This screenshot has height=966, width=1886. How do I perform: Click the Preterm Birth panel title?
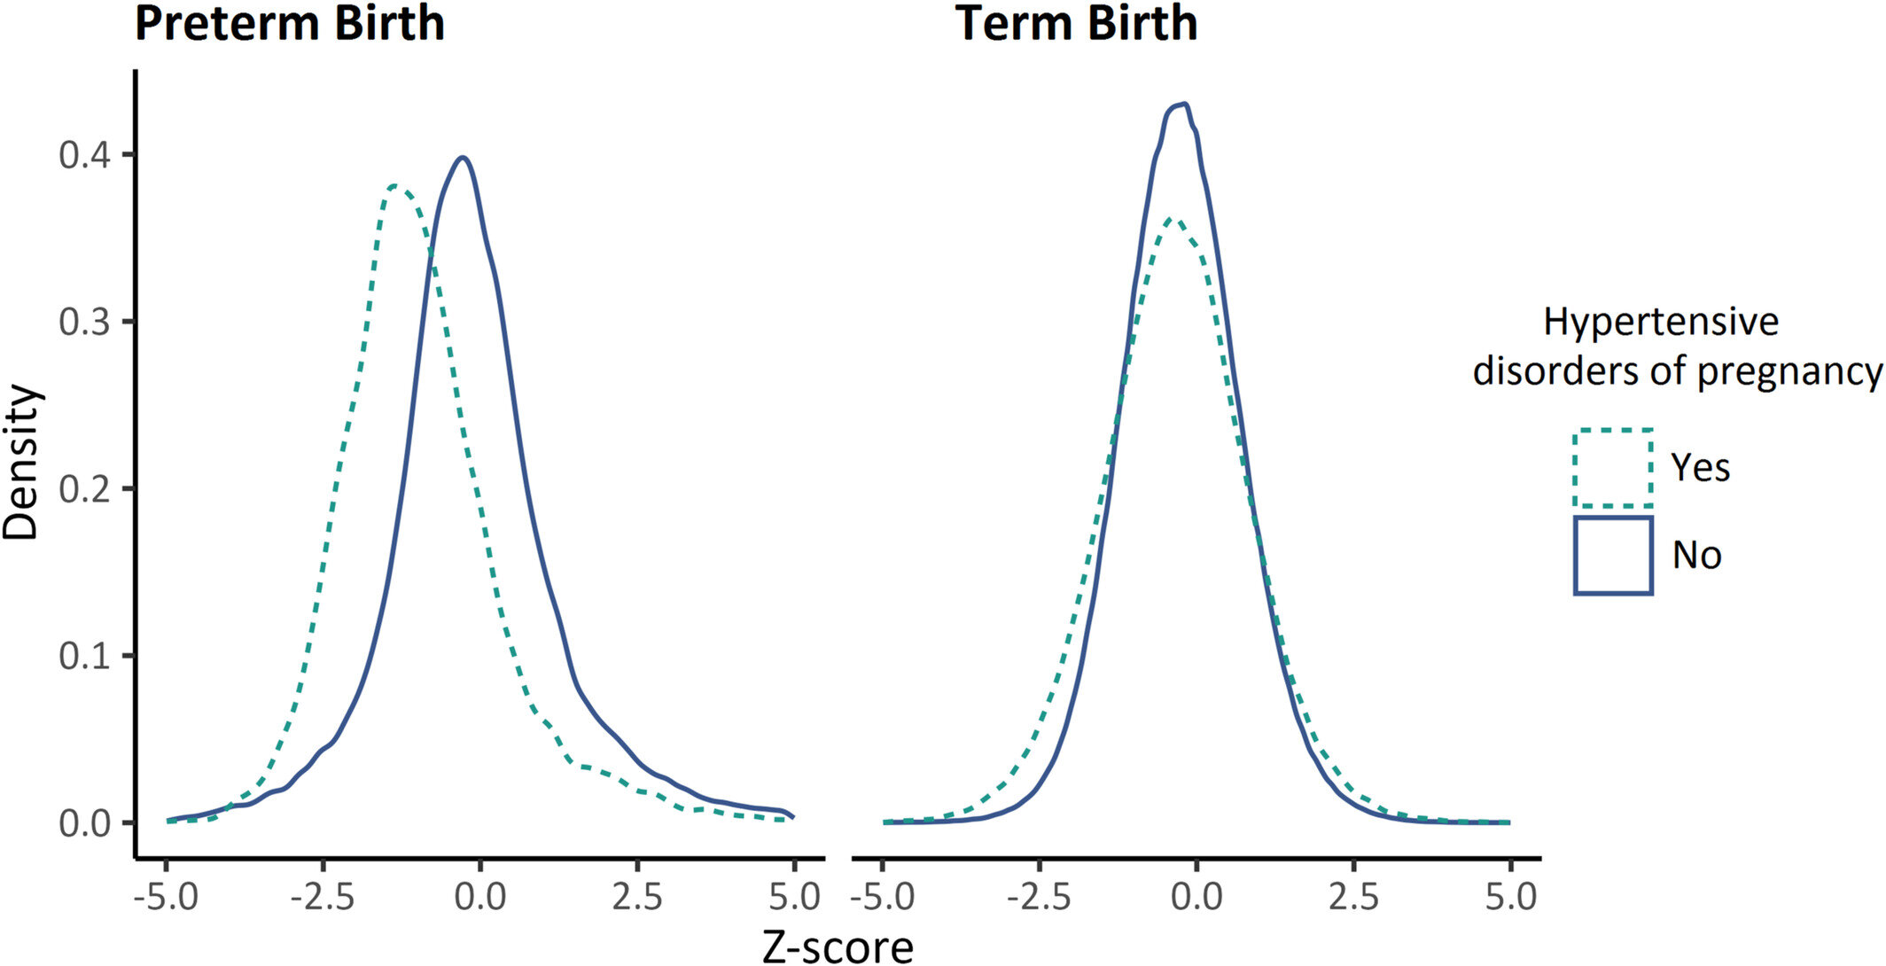289,23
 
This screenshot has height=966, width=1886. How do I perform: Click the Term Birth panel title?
1076,23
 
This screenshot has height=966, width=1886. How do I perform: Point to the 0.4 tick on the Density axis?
84,155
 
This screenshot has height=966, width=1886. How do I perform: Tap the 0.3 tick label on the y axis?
84,322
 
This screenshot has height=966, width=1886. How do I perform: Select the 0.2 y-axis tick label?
84,489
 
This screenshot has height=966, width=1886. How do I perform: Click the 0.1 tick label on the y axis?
84,656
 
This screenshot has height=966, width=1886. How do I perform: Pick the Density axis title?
21,462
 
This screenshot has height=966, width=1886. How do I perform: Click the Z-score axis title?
838,947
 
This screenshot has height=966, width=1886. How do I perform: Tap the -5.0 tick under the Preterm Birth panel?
166,897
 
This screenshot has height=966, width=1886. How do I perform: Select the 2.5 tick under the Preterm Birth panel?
636,897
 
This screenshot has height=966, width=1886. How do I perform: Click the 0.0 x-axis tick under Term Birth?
1196,897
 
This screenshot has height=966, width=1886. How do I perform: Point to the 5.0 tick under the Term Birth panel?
1510,897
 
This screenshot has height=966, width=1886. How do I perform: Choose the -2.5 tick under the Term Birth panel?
1039,897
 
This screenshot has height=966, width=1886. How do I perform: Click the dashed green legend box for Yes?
1613,468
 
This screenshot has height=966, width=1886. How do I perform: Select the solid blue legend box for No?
1613,555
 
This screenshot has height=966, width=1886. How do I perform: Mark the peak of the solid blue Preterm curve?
462,158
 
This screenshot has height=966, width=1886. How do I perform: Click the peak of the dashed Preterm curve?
395,186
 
